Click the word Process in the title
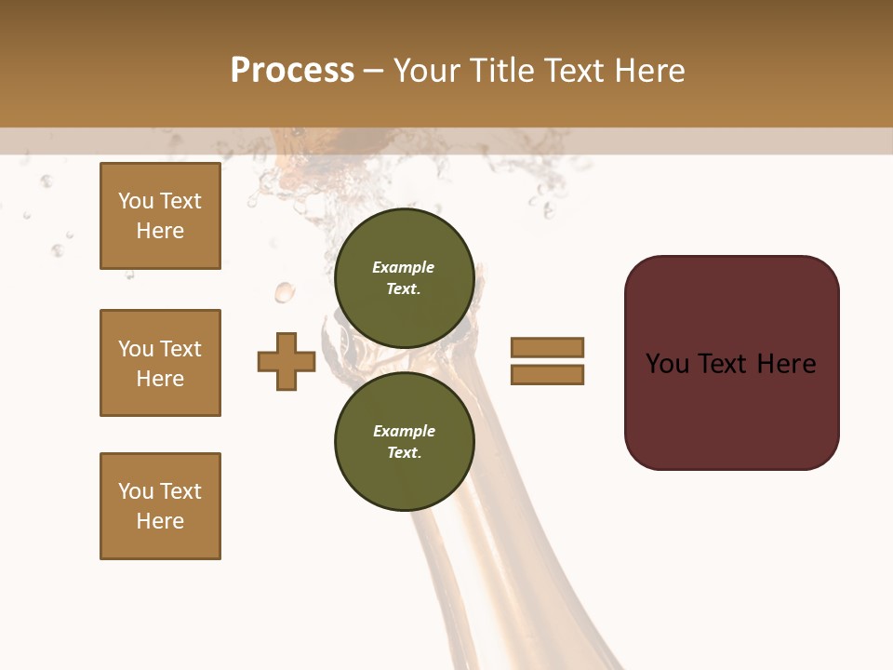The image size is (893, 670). [292, 71]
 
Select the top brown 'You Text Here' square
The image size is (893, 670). [160, 216]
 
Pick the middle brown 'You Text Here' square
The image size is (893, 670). [160, 363]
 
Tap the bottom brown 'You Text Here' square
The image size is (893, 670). [160, 506]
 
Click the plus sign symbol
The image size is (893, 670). [287, 361]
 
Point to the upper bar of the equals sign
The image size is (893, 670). [547, 347]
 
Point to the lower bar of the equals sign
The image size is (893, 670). [547, 375]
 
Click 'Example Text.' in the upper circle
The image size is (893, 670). [404, 278]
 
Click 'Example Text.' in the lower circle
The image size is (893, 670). [404, 442]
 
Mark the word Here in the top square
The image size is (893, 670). [160, 231]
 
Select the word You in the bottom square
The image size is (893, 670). [136, 491]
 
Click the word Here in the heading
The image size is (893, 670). [649, 71]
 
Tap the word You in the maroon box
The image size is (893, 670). [666, 363]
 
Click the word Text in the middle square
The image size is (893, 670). [180, 349]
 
